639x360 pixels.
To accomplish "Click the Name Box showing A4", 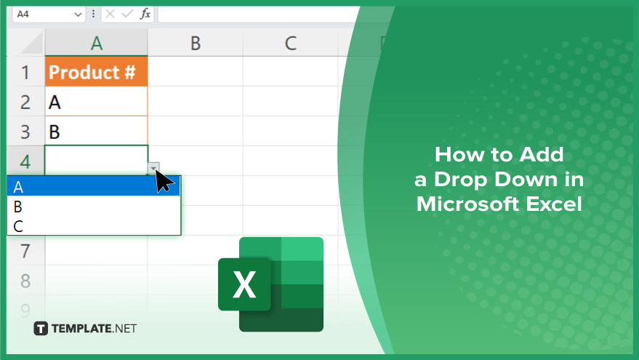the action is coord(48,15).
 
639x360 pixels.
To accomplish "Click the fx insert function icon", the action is coord(145,15).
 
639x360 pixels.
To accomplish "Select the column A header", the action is coord(96,43).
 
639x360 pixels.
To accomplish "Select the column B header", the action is coord(196,43).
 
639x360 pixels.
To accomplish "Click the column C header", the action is coord(290,43).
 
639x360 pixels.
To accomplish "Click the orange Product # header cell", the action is coord(96,72).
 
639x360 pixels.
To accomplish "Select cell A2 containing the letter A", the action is coord(96,102).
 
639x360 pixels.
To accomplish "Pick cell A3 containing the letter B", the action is coord(96,132).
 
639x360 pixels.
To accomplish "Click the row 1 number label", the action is coord(25,72).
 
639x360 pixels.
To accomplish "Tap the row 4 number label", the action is coord(25,161).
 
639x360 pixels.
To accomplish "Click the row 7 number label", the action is coord(25,251).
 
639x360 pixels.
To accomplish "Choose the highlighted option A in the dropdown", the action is coord(93,187).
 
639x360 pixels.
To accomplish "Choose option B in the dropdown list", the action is coord(93,207).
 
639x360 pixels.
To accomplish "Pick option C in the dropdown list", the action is coord(93,226).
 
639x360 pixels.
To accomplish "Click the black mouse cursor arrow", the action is coord(164,180).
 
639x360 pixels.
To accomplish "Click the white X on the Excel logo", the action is coord(244,284).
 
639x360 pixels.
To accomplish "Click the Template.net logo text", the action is coord(94,328).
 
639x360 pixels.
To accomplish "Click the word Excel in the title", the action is coord(553,204).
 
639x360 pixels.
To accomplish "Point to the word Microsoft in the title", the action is coord(468,204).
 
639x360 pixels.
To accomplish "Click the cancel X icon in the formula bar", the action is coord(110,15).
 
